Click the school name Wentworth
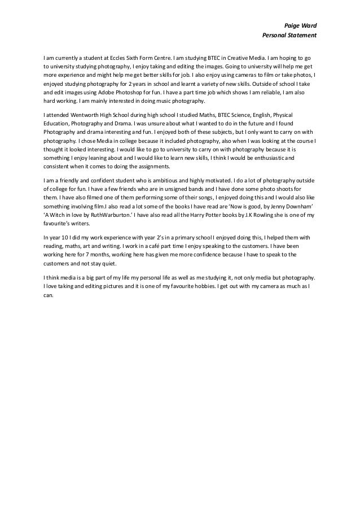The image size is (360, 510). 85,115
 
